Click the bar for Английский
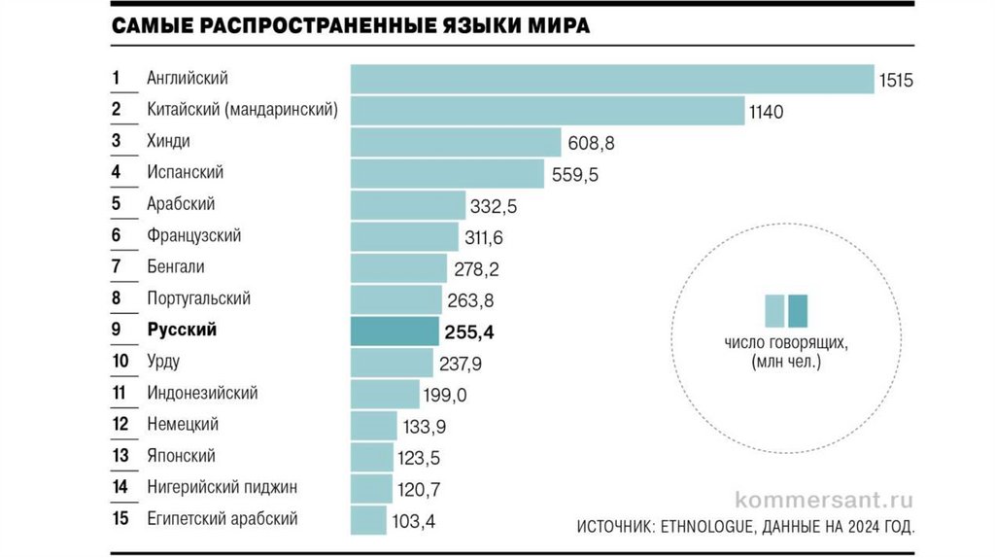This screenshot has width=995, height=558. (x=612, y=79)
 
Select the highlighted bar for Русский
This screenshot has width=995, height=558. (x=395, y=331)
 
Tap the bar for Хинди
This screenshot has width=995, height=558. (x=456, y=142)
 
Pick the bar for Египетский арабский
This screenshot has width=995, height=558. (x=368, y=520)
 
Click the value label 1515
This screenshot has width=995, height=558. (x=896, y=81)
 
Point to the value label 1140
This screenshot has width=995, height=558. (x=766, y=112)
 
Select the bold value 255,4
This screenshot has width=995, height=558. (x=469, y=332)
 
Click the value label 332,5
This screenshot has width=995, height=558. (x=496, y=206)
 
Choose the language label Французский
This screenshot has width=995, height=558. (x=193, y=235)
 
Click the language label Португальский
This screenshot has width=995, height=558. (x=198, y=298)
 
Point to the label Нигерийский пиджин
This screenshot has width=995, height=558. (x=222, y=487)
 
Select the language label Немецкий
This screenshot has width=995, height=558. (x=183, y=424)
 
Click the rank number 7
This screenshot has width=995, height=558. (x=116, y=266)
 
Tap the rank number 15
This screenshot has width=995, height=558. (x=120, y=518)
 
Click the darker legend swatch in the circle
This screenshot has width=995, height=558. (x=798, y=309)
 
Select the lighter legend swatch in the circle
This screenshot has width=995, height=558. (x=774, y=309)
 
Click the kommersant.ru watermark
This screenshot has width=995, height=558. (x=825, y=501)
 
